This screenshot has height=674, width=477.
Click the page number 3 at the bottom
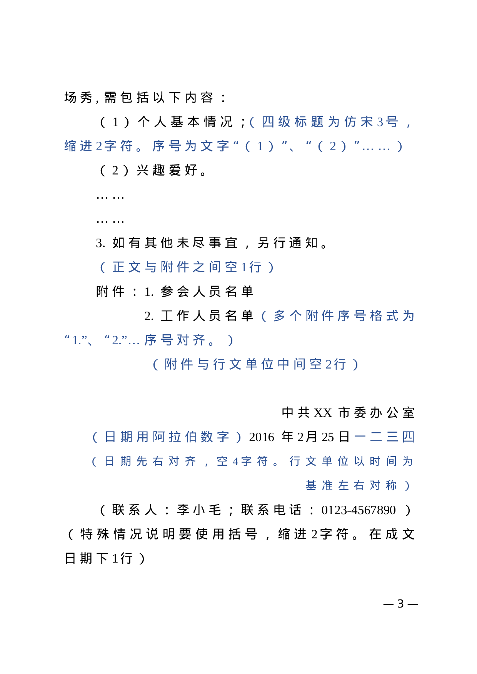400,604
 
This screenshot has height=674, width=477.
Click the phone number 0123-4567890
359,510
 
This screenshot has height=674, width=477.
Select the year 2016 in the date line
262,437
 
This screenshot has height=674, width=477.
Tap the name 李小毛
199,510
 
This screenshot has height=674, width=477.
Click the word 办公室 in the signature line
392,413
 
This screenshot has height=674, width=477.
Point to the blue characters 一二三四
384,437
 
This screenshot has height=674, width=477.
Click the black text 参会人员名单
207,292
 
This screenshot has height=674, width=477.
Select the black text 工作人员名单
207,316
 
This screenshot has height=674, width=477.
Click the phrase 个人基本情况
185,122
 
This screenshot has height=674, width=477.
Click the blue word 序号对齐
175,340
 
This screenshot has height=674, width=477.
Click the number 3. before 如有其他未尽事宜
101,243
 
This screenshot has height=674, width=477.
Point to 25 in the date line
328,437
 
